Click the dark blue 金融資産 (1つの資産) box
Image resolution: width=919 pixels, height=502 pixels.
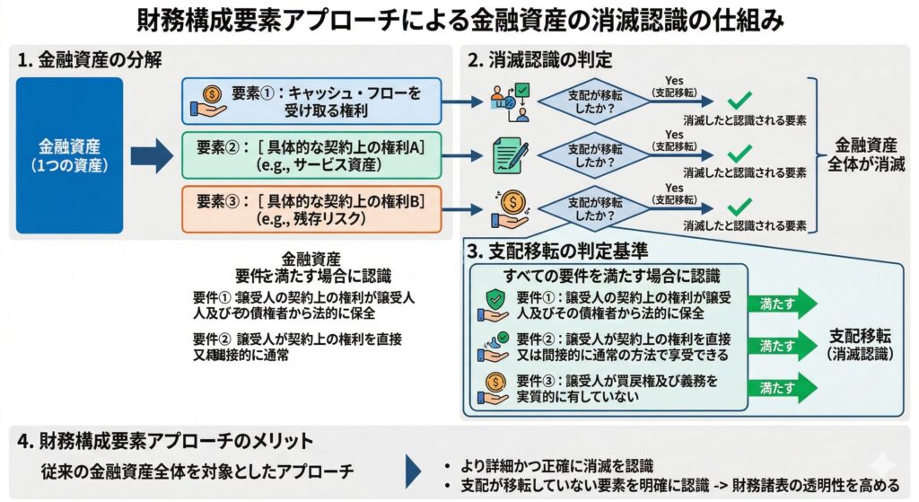pos(69,156)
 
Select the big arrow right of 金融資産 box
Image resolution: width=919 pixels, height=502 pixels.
pos(151,155)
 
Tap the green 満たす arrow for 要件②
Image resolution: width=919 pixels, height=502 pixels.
pos(782,345)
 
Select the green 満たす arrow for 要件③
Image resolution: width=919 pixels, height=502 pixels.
pos(782,387)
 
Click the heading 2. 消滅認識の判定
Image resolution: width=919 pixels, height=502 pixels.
pos(540,60)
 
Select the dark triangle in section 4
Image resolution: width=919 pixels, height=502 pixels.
pos(414,471)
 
